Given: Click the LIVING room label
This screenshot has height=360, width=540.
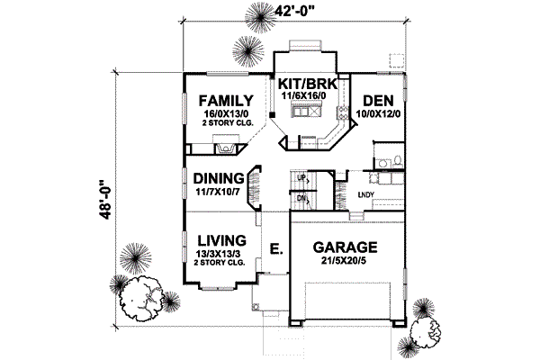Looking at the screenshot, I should (221, 240).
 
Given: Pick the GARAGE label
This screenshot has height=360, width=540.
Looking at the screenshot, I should (345, 247).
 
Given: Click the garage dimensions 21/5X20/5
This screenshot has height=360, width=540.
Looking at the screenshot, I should (345, 261).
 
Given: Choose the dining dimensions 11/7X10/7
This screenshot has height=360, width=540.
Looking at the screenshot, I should (216, 192).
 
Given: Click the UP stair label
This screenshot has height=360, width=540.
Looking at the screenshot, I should (303, 177).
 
